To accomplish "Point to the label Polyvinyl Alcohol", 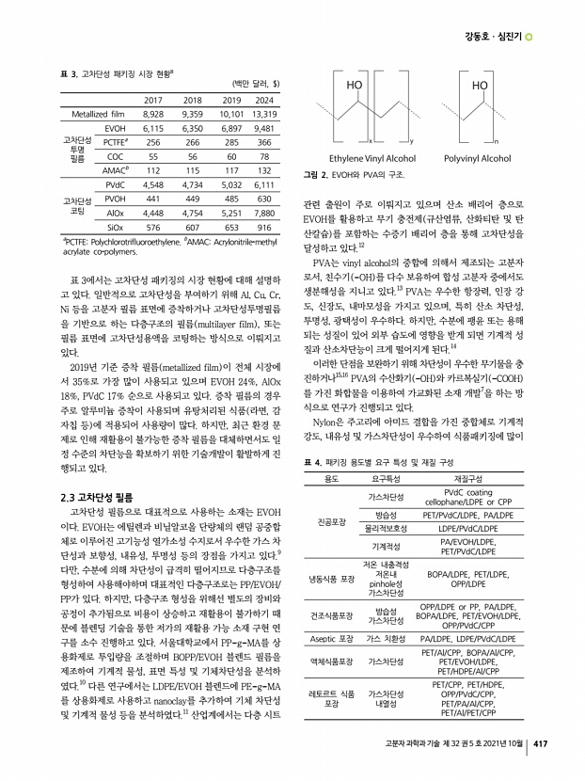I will coord(477,159).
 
